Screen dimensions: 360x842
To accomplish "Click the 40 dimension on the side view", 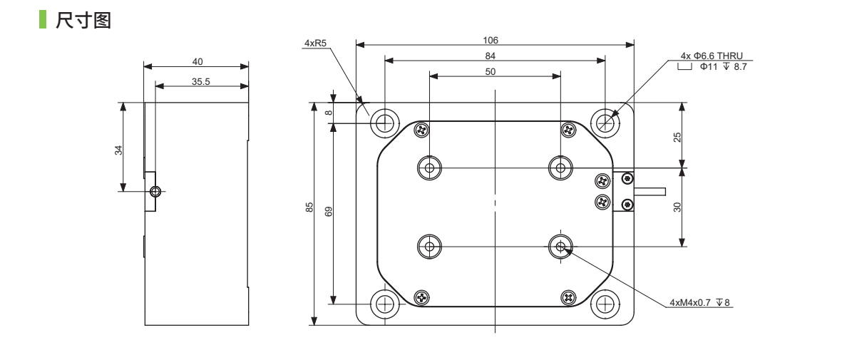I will pyautogui.click(x=197, y=63).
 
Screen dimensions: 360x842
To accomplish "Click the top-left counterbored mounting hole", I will pyautogui.click(x=385, y=122).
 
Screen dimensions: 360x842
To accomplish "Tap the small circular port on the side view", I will pyautogui.click(x=156, y=191).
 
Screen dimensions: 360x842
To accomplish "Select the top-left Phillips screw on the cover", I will pyautogui.click(x=421, y=129).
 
